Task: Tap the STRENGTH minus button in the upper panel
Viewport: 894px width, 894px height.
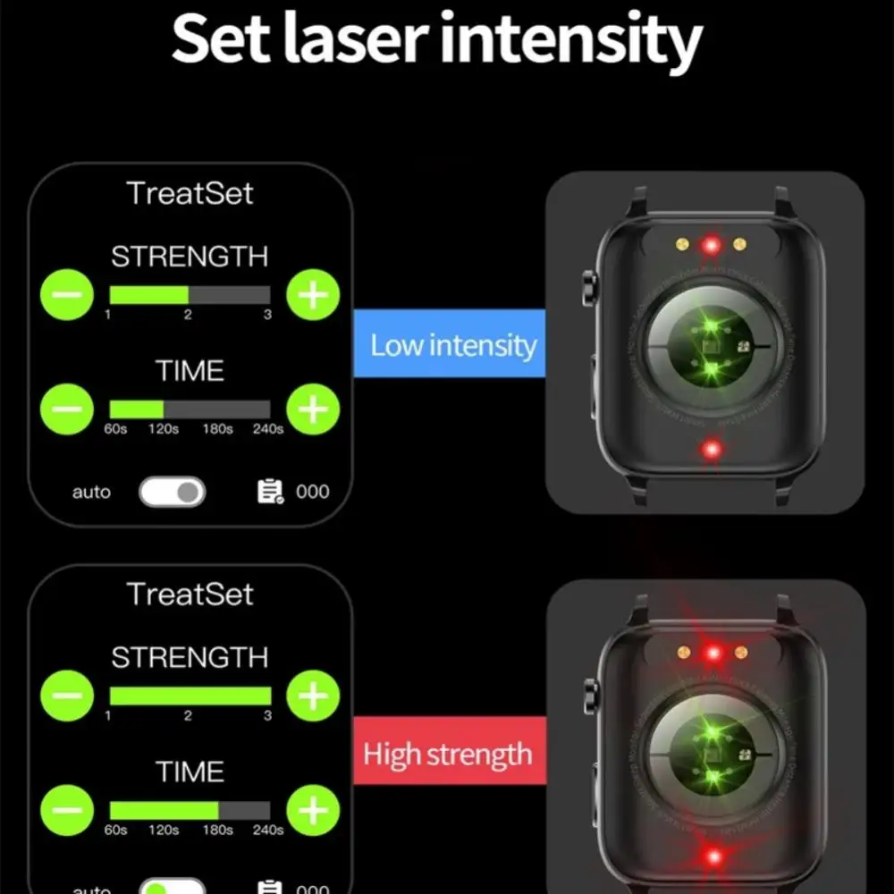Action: [x=67, y=294]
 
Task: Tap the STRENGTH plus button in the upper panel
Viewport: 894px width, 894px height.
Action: [x=313, y=294]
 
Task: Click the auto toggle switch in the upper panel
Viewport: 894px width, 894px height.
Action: [x=172, y=492]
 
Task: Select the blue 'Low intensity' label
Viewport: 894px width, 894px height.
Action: [x=452, y=346]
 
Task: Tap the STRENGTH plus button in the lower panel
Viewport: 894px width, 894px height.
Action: [x=313, y=696]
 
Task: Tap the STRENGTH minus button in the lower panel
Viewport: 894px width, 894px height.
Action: [x=67, y=696]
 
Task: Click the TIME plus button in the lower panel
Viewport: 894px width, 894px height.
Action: [x=313, y=810]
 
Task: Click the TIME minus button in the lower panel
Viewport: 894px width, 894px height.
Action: [x=67, y=810]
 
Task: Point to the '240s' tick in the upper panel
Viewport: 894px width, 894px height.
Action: [x=267, y=429]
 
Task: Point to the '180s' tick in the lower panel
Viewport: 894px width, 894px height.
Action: [x=216, y=831]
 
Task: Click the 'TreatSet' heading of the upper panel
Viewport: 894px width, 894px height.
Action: [x=190, y=193]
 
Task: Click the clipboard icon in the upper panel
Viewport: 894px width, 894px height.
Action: [x=269, y=491]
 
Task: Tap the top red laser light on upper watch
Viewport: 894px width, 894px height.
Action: [x=712, y=243]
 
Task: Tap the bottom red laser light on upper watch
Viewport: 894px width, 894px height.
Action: [x=712, y=449]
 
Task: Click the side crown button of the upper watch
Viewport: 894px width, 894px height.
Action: [x=588, y=287]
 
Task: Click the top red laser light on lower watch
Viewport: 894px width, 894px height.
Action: [x=713, y=654]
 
